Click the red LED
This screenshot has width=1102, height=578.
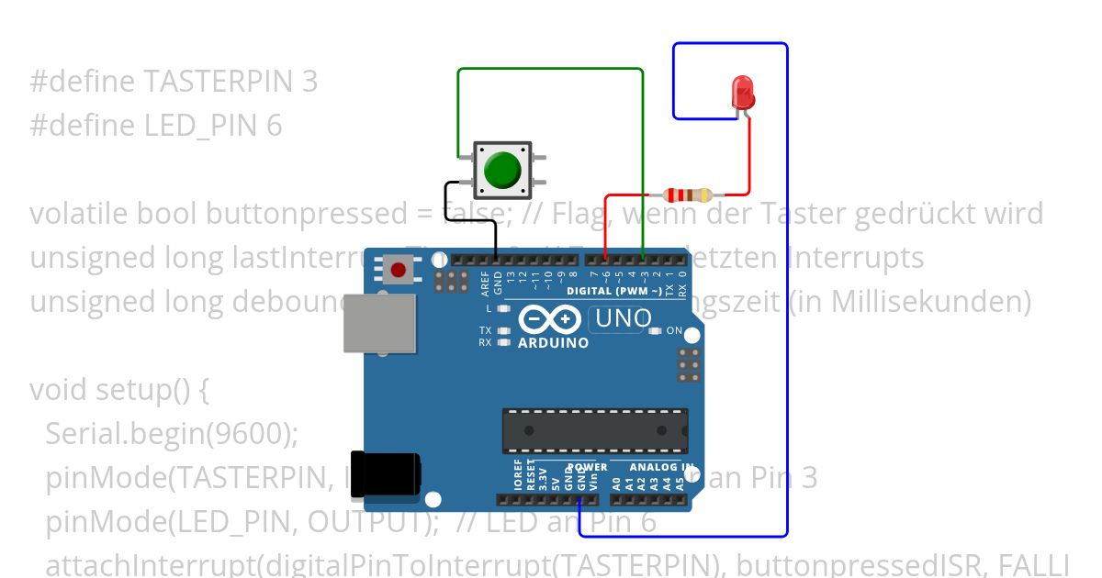pyautogui.click(x=742, y=92)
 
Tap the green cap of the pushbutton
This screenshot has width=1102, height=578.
pyautogui.click(x=501, y=171)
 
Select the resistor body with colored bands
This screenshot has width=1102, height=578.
pyautogui.click(x=687, y=195)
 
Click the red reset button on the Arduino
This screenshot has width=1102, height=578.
pyautogui.click(x=399, y=270)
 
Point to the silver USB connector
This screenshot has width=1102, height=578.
pyautogui.click(x=378, y=323)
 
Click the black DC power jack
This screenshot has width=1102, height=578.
pyautogui.click(x=386, y=474)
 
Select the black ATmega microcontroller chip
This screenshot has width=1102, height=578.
pyautogui.click(x=594, y=431)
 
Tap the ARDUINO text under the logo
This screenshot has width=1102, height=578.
pyautogui.click(x=553, y=343)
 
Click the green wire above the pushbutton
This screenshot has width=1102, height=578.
pyautogui.click(x=551, y=69)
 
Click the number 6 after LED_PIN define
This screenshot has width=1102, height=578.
pyautogui.click(x=274, y=126)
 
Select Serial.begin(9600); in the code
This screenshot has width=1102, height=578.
pyautogui.click(x=172, y=434)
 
